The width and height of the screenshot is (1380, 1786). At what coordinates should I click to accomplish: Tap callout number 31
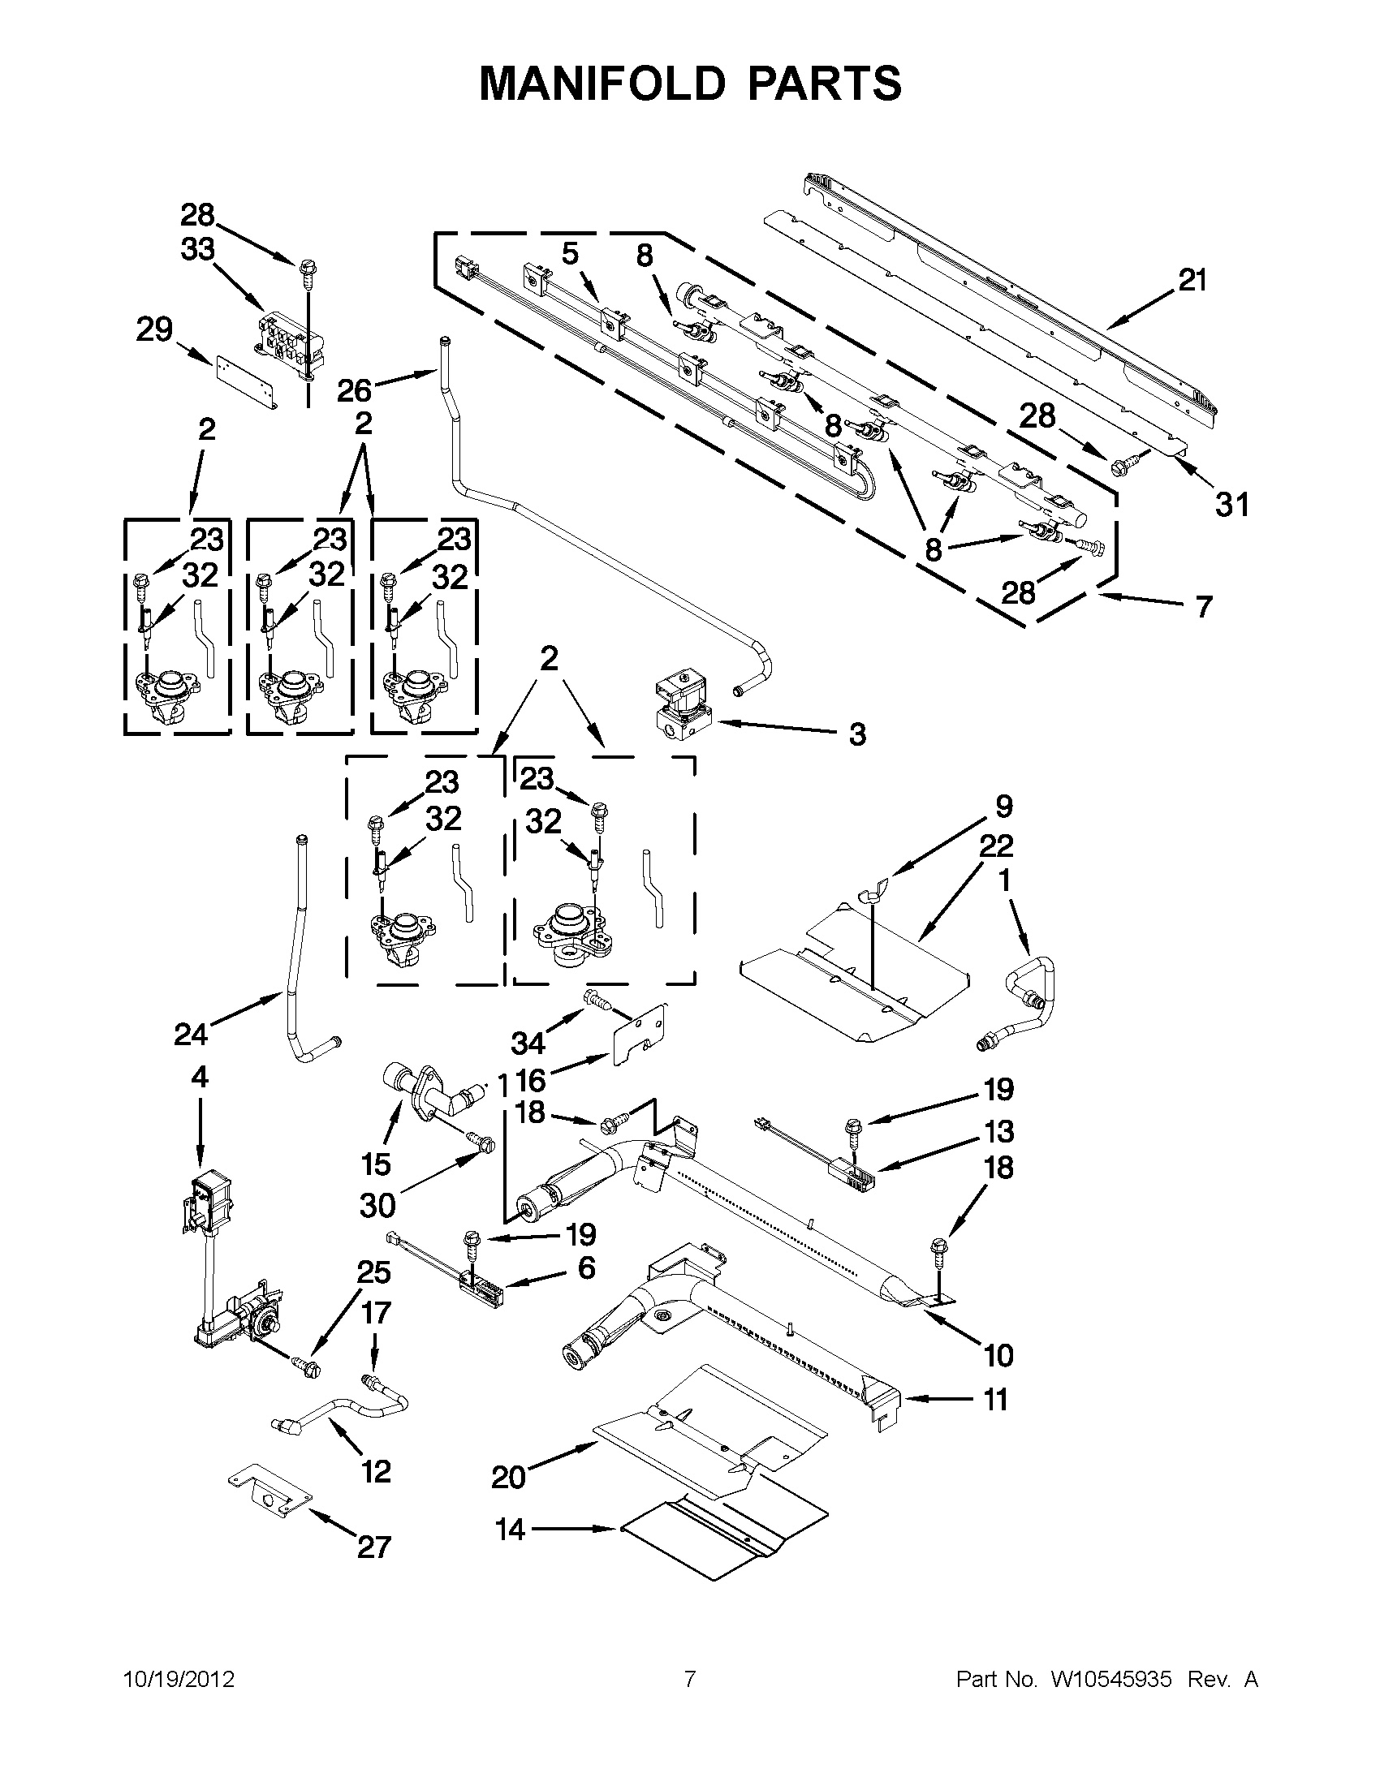(x=1232, y=506)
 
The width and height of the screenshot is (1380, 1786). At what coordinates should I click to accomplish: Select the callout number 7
(x=1203, y=607)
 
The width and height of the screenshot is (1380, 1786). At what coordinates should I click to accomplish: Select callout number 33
(x=197, y=250)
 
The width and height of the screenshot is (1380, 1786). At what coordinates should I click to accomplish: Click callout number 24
(x=191, y=1035)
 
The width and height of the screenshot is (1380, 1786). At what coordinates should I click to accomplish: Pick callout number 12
(x=376, y=1472)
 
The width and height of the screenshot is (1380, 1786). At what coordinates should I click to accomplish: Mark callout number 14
(x=511, y=1530)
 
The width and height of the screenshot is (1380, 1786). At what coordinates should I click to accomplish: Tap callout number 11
(x=994, y=1399)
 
